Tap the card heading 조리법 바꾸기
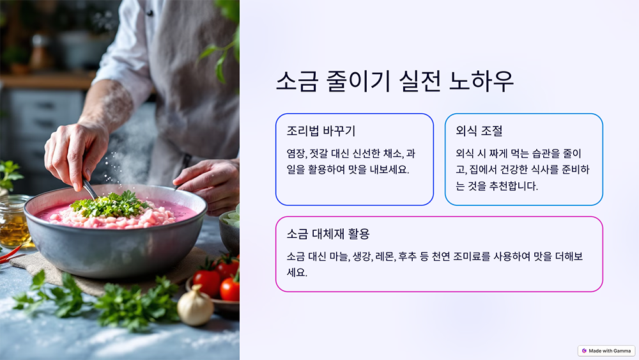(x=321, y=131)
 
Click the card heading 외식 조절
(x=479, y=131)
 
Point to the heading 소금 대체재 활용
(x=328, y=234)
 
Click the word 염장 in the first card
(x=296, y=153)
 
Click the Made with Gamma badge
(x=606, y=351)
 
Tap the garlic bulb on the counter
(x=195, y=306)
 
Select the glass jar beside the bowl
(x=13, y=221)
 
